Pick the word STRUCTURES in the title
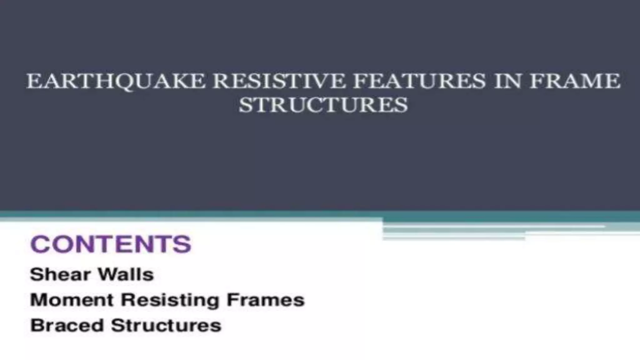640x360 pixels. [323, 105]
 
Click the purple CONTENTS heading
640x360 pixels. [111, 244]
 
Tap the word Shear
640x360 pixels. [59, 275]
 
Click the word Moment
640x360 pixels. [72, 300]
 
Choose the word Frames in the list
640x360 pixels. [265, 300]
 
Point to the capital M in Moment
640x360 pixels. [38, 300]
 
